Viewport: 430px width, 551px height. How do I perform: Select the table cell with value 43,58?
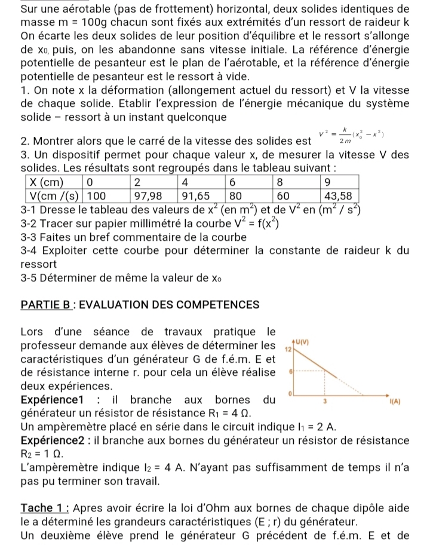337,195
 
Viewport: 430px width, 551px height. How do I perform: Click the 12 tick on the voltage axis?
287,348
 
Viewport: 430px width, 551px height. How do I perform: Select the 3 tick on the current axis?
324,402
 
